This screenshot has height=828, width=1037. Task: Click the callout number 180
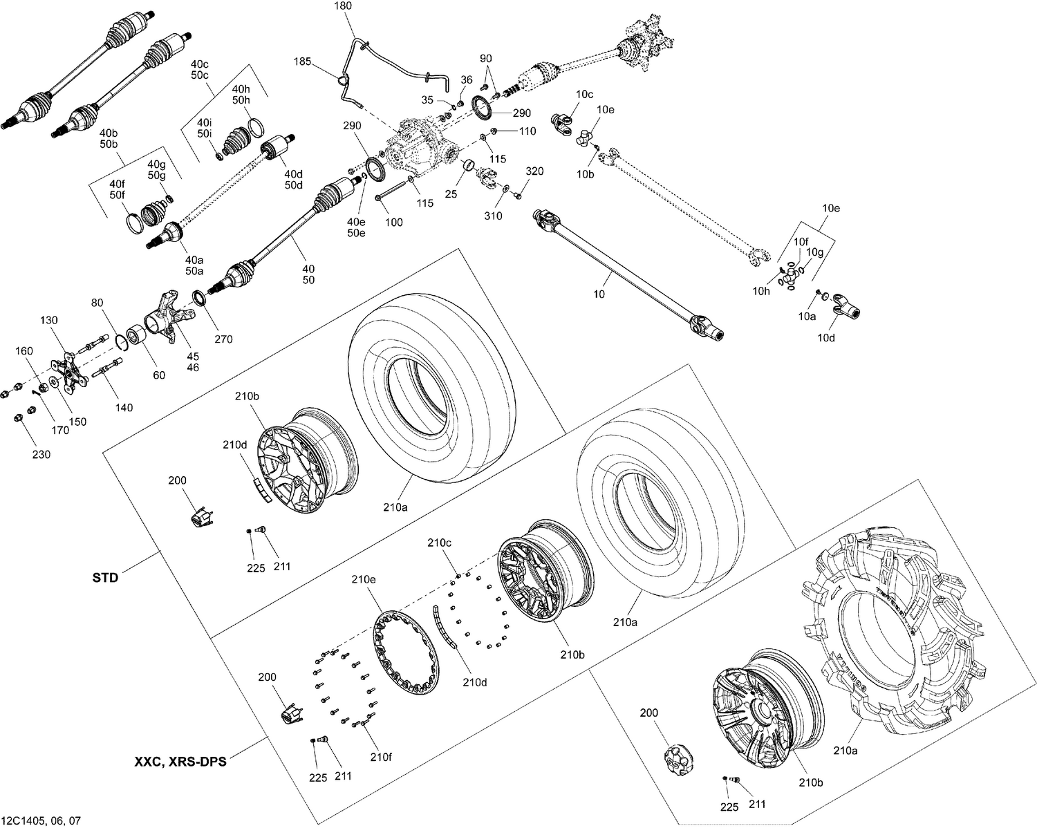[343, 6]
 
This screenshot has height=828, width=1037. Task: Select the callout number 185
[302, 62]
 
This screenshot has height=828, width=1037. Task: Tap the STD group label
[106, 577]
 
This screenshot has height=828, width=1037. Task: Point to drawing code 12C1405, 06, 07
[41, 820]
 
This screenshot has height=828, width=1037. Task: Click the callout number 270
[223, 339]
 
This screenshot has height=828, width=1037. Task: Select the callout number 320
[534, 171]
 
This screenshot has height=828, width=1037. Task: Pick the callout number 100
[393, 223]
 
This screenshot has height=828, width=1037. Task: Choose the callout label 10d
[825, 338]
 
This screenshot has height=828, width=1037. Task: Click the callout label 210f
[380, 757]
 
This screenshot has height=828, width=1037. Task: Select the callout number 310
[493, 216]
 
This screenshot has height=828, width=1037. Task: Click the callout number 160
[24, 350]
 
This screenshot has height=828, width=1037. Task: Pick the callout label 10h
[761, 291]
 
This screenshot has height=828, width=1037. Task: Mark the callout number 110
[527, 131]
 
